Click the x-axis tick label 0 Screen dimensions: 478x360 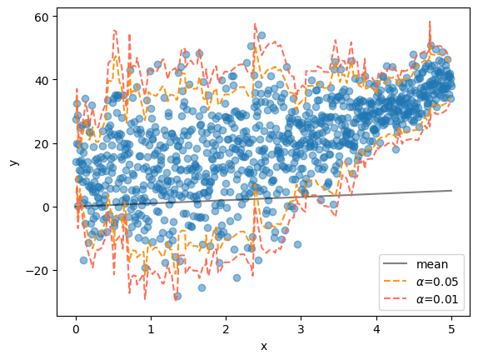tap(76, 329)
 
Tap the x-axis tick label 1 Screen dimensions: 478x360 tap(152, 329)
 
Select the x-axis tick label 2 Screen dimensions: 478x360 tap(226, 329)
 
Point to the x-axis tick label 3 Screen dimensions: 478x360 tap(301, 329)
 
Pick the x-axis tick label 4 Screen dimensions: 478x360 tap(376, 329)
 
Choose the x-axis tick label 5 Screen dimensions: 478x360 tap(452, 329)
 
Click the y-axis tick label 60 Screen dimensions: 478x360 tap(42, 17)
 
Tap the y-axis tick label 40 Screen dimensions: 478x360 tap(42, 81)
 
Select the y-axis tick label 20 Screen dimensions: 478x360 tap(42, 144)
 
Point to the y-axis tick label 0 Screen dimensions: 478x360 tap(46, 207)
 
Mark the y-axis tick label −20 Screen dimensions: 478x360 tap(37, 271)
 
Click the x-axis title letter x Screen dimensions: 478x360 tap(264, 347)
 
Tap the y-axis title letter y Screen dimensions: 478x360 tap(14, 162)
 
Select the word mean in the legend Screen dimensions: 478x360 tap(432, 264)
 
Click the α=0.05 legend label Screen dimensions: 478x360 tap(437, 282)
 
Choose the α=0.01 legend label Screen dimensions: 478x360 tap(437, 299)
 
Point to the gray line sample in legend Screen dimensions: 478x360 tap(395, 263)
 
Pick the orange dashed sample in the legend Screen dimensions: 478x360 tap(395, 282)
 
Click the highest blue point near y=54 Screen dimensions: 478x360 tap(261, 35)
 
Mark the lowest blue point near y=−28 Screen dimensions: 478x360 tap(177, 296)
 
